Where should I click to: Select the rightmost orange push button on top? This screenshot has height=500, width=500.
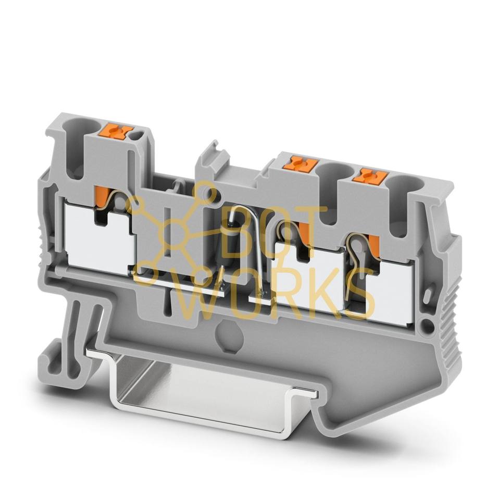pyautogui.click(x=370, y=177)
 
